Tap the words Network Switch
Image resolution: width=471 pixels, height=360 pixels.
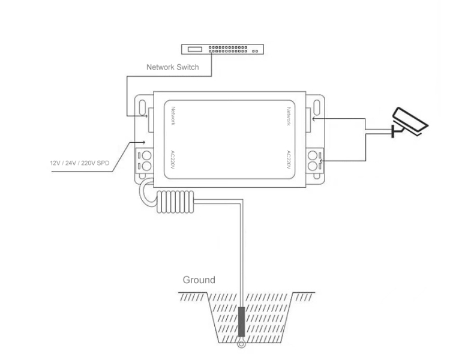[173, 67]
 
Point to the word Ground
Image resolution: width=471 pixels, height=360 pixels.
[199, 280]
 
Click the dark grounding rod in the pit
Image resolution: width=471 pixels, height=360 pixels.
[241, 322]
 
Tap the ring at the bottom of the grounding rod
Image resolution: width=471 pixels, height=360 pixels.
[241, 344]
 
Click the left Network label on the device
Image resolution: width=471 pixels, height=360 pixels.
[173, 116]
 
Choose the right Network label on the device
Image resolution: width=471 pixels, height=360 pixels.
[289, 116]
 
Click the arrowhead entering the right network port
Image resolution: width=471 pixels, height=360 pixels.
[314, 119]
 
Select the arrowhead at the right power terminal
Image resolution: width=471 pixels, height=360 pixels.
[323, 160]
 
